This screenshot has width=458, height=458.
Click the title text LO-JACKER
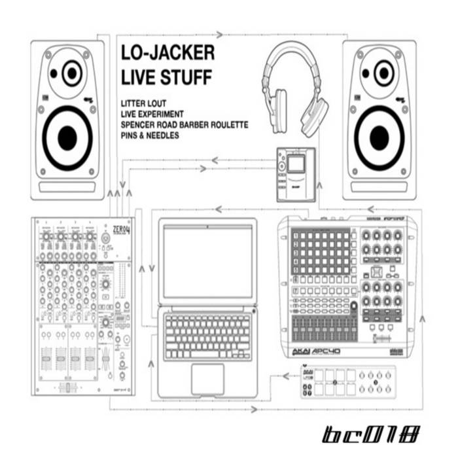tap(168, 53)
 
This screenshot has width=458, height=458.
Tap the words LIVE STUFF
tap(167, 77)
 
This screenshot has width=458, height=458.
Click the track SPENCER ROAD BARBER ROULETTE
tap(185, 124)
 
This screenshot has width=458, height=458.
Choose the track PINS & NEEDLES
tap(150, 135)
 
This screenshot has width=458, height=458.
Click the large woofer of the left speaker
tap(67, 137)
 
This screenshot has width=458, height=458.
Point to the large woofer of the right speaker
tap(379, 137)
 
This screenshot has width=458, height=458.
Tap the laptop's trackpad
tap(207, 379)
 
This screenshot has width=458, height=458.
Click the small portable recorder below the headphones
tap(295, 173)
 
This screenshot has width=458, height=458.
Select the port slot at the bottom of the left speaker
tap(67, 187)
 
